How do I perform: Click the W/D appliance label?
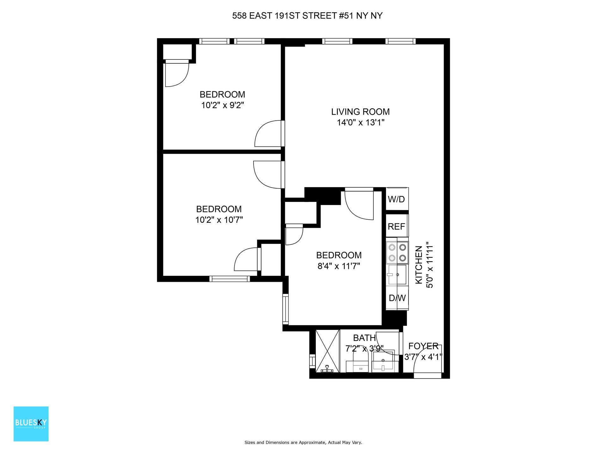point(396,199)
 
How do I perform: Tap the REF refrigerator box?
point(396,226)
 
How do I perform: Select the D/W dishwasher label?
point(397,298)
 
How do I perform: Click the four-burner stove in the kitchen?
point(397,253)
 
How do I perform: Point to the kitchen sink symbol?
point(397,275)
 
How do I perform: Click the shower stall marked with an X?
point(328,351)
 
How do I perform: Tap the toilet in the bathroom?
point(360,363)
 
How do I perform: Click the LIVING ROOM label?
point(360,112)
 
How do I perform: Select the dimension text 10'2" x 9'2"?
point(223,105)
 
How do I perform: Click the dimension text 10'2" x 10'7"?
point(219,220)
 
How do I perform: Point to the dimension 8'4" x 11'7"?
point(339,266)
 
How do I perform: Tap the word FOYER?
point(423,346)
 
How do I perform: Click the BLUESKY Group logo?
point(31,424)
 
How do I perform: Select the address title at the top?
point(307,16)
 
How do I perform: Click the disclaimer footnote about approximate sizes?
point(303,443)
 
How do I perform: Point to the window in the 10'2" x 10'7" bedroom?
point(230,279)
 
